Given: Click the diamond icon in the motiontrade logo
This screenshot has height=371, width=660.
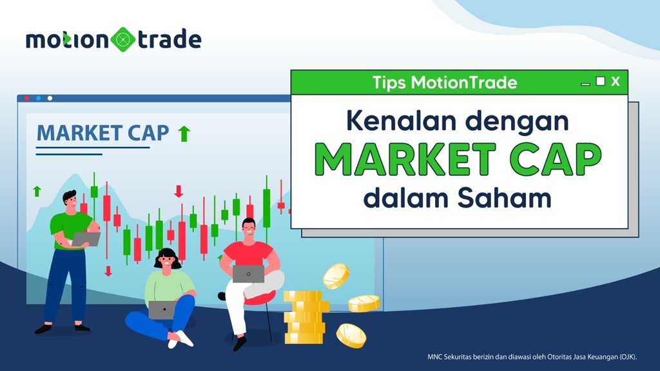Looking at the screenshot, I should pos(122,39).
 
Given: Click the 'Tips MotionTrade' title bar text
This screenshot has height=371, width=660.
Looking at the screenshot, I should pos(445,82).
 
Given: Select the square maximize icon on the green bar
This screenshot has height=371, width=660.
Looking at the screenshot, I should pos(600,81).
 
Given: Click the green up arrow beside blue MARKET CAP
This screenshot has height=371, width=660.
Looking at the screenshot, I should pos(184,133).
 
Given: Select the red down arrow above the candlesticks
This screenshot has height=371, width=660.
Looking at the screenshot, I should pos(179,191).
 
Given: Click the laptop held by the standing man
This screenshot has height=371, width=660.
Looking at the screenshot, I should pos(86,239).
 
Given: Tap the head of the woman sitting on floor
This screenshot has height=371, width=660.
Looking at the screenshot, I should pos(167,259).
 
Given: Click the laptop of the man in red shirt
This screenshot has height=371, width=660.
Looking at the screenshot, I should pos(248,274).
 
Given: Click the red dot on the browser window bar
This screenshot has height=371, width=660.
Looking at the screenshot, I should pos(27,99).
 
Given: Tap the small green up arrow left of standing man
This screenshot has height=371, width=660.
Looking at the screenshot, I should pos(37,191).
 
